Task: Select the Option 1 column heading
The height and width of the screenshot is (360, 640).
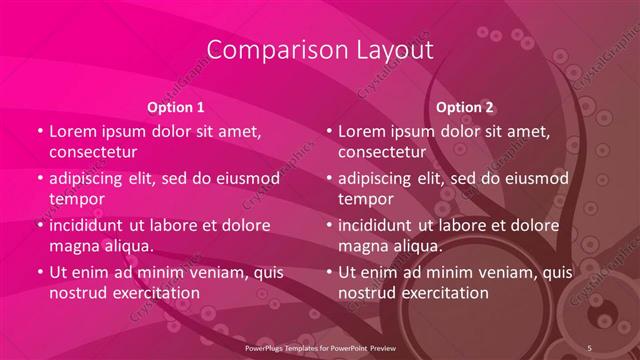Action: pos(176,107)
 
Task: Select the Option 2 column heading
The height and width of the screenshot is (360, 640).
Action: pos(465,107)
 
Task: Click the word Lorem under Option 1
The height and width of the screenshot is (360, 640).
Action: pos(73,131)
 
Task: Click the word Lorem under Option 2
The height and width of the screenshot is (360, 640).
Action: pos(362,131)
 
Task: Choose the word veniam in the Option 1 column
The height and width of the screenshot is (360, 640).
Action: pos(205,272)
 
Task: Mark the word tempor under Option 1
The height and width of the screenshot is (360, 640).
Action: pos(76,199)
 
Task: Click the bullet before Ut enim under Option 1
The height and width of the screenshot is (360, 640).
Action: pos(39,272)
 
